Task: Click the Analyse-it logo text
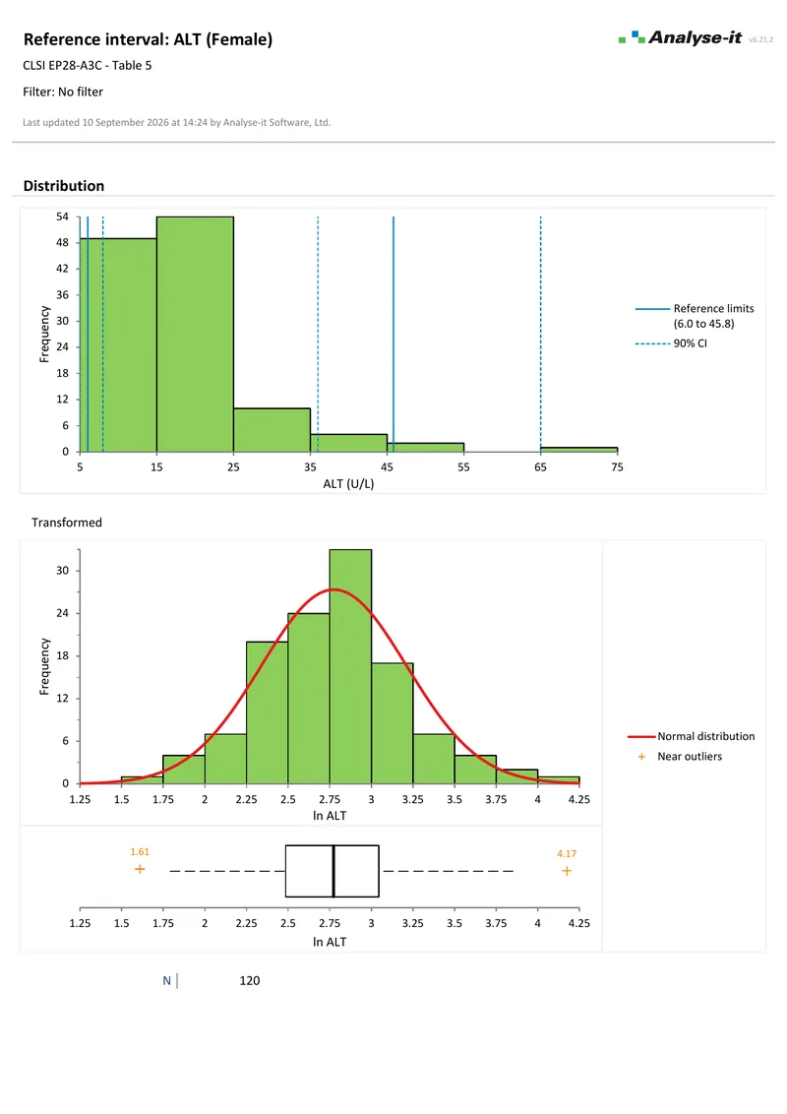(x=695, y=37)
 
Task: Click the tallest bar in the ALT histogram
(x=196, y=334)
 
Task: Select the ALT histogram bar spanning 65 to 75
(x=578, y=450)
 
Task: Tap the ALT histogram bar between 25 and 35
(x=272, y=430)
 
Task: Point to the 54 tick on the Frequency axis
(x=63, y=217)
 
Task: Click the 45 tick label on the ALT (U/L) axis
(x=388, y=466)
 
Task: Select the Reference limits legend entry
(x=695, y=316)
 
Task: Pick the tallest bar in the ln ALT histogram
(x=350, y=666)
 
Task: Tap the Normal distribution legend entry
(x=692, y=736)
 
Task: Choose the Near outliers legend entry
(x=680, y=757)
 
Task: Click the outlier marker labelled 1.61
(x=140, y=869)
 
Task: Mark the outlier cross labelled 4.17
(x=566, y=871)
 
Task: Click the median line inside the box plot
(x=333, y=871)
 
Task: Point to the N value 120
(x=249, y=980)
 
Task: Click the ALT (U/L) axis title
(x=348, y=484)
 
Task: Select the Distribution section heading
(x=64, y=185)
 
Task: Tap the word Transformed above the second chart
(x=67, y=523)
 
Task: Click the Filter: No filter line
(x=63, y=92)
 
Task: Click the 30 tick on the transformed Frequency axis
(x=63, y=571)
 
